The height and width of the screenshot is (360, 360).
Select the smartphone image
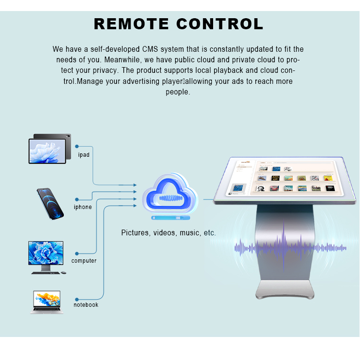pyautogui.click(x=50, y=204)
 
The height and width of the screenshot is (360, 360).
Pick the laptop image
pyautogui.click(x=47, y=302)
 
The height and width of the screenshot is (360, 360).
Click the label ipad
pyautogui.click(x=84, y=155)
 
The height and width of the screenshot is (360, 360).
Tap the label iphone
pyautogui.click(x=83, y=207)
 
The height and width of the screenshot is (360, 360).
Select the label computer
pyautogui.click(x=84, y=261)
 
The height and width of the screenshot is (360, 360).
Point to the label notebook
pyautogui.click(x=86, y=305)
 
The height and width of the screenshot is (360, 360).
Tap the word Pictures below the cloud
pyautogui.click(x=135, y=233)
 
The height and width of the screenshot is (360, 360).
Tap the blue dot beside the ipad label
pyautogui.click(x=77, y=146)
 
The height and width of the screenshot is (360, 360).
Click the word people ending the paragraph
pyautogui.click(x=178, y=92)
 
